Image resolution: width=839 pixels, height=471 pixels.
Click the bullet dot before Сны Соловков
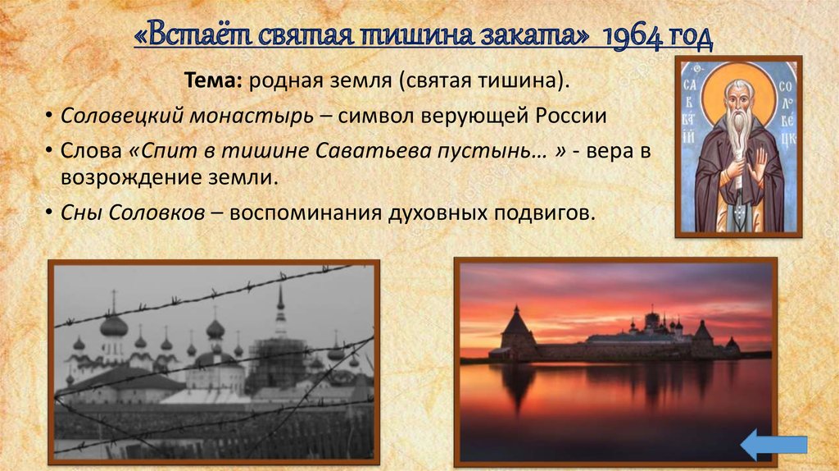[x=51, y=213]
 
